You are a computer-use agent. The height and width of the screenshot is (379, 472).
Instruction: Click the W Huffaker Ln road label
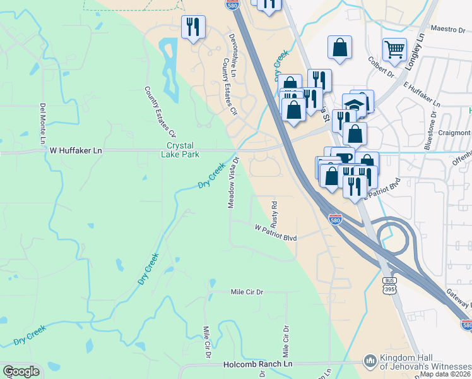[76, 151]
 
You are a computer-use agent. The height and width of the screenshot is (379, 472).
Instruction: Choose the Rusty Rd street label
[274, 214]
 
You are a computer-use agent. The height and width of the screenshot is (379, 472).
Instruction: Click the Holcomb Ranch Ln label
[258, 364]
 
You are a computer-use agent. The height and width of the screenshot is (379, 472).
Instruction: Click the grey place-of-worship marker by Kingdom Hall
[370, 359]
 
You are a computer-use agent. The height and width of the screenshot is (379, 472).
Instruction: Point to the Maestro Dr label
[447, 28]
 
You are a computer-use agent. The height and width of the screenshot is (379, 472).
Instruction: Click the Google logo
[21, 371]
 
